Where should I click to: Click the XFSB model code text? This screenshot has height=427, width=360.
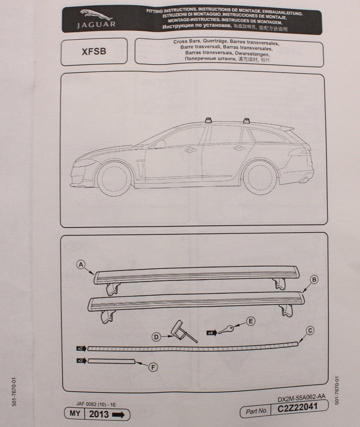coord(93,51)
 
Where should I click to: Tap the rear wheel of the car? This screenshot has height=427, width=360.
coord(259,177)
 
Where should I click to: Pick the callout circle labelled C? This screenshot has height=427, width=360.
coord(309,329)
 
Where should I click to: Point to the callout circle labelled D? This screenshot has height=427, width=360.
coord(156,337)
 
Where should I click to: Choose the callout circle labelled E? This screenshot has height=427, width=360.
coord(250,320)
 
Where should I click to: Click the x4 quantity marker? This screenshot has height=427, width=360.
coord(211,330)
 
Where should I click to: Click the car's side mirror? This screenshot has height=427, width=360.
coord(159,144)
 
